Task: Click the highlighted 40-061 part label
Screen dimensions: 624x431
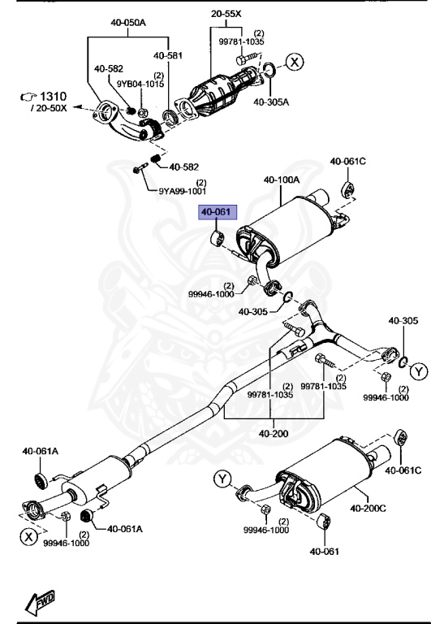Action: pos(217,213)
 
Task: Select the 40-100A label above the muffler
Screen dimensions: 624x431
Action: pos(281,180)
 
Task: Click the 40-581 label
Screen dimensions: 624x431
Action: pos(167,54)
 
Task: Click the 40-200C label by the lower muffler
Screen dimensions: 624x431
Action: pos(368,509)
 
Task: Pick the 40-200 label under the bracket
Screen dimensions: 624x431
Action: pos(274,433)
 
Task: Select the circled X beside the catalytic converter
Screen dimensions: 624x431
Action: pos(294,62)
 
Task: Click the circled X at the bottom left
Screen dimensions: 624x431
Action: pos(29,536)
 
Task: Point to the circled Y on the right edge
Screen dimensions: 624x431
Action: pos(416,372)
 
